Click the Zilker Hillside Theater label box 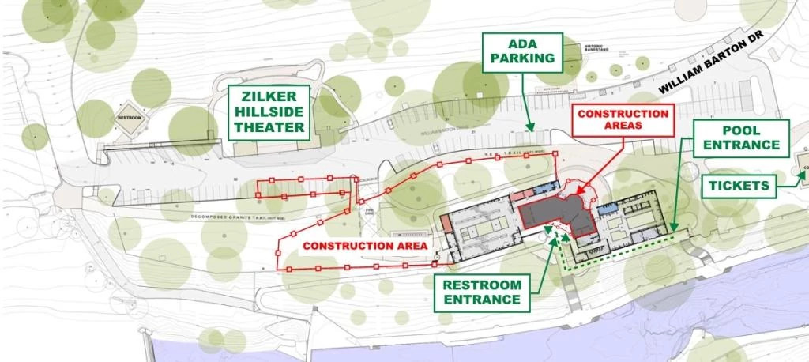pyautogui.click(x=269, y=112)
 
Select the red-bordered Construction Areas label pyautogui.click(x=623, y=120)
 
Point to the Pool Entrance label pyautogui.click(x=741, y=137)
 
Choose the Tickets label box pyautogui.click(x=739, y=186)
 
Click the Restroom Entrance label pyautogui.click(x=482, y=292)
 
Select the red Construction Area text pyautogui.click(x=365, y=246)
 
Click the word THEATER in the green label pyautogui.click(x=269, y=127)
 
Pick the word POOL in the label pyautogui.click(x=742, y=129)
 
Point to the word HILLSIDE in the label pyautogui.click(x=269, y=112)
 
